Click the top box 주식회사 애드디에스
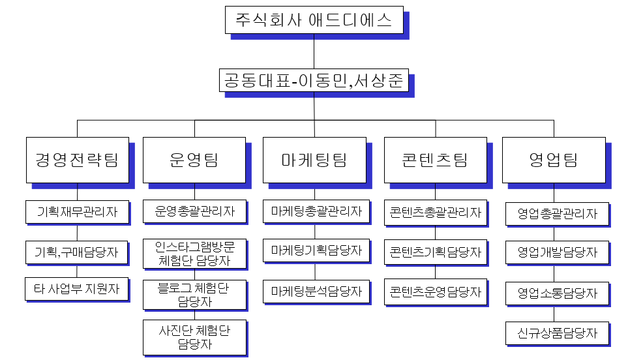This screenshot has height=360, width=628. pos(314,20)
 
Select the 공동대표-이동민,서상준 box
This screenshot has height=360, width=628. pos(314,81)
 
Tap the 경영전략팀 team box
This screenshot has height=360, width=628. pos(77,160)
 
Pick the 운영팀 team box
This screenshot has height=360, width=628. pos(194,160)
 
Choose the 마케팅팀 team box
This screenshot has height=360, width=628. pos(314,160)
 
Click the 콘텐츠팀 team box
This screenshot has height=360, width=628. pos(435,160)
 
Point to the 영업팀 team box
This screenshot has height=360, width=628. pos(554,160)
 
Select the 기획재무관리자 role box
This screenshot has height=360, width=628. pos(77,212)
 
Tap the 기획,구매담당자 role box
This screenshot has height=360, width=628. pos(77,252)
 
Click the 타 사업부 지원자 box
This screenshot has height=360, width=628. pos(77,289)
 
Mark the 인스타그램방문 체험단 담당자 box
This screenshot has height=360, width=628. pos(194,254)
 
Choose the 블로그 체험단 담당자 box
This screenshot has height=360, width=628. pos(194,294)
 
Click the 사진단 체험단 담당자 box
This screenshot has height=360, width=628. pos(194,337)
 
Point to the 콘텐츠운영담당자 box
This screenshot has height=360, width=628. pos(435,292)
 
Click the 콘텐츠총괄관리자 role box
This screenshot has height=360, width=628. pos(435,213)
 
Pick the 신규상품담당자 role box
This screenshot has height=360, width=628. pos(557,333)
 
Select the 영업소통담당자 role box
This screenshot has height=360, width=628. pos(557,293)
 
